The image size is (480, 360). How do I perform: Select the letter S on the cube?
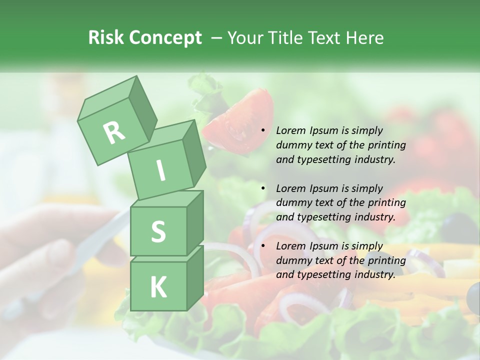158,232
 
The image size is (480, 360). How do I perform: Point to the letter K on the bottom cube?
158,287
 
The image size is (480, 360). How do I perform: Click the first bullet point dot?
263,130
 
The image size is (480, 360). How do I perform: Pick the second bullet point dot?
263,188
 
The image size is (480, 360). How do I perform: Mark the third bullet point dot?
263,246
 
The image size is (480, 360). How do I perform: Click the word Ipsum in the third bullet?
323,246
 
